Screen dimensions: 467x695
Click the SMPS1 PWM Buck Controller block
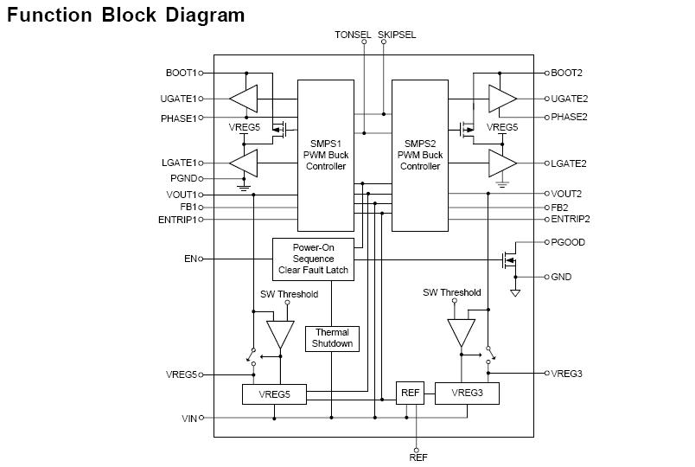(x=326, y=155)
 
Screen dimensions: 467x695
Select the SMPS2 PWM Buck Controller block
(x=420, y=155)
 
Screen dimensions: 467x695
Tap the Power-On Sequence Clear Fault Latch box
(x=313, y=259)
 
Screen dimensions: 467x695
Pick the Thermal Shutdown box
(x=333, y=338)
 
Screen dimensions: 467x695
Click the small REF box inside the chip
(x=410, y=393)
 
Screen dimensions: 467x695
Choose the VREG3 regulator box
(x=467, y=393)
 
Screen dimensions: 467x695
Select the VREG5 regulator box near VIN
(x=274, y=394)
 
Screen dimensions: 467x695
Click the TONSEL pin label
(x=352, y=35)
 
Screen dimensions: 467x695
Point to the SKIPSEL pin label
(x=397, y=35)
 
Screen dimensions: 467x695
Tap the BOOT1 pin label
(x=181, y=74)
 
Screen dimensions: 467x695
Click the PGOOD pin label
(x=568, y=243)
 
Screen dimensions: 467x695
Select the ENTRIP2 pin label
(x=571, y=220)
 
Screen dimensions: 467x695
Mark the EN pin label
(x=189, y=259)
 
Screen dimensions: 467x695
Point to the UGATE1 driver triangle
(x=245, y=98)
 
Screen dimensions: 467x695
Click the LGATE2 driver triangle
(x=501, y=163)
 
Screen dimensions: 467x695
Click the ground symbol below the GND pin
(x=515, y=292)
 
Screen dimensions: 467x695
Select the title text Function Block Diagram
(x=126, y=16)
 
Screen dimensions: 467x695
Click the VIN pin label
(x=189, y=418)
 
